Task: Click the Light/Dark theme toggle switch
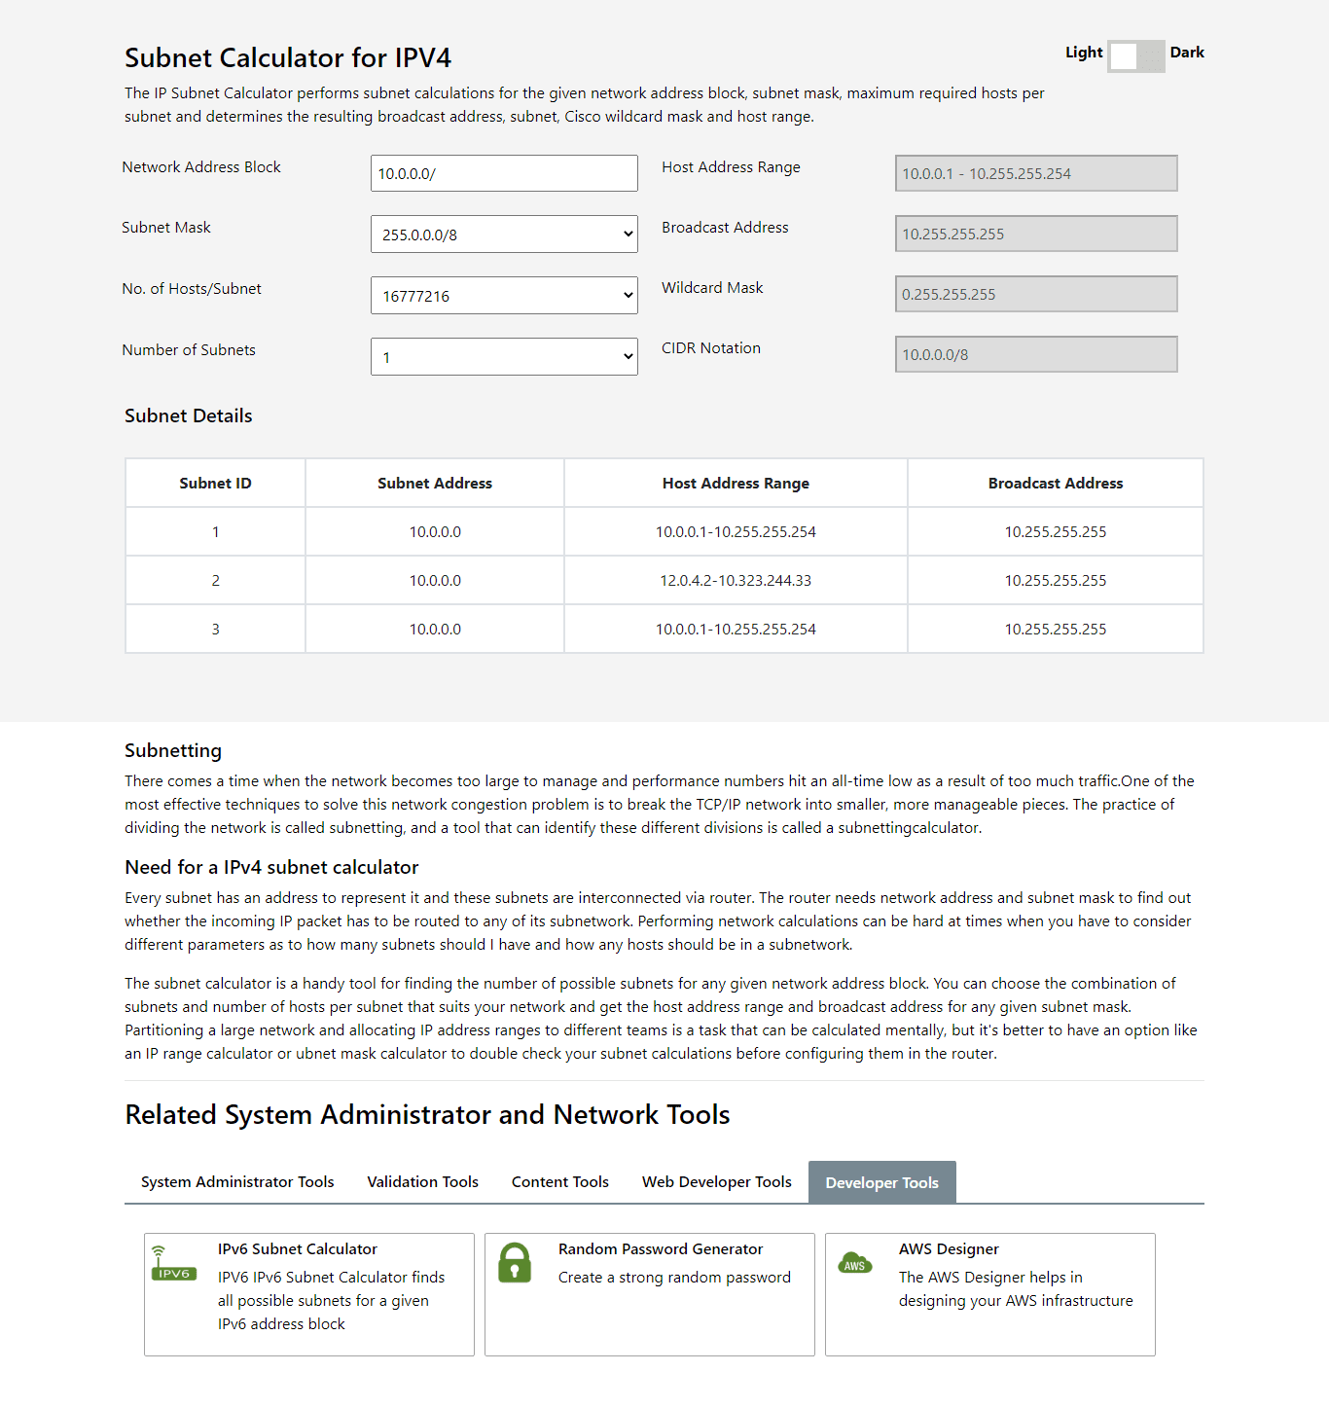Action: (x=1135, y=55)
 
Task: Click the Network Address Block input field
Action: (x=504, y=173)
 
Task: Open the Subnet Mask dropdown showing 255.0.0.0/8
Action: (x=504, y=235)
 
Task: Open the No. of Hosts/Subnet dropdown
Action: (x=504, y=296)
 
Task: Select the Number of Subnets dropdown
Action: (x=504, y=357)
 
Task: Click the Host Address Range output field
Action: (x=1036, y=173)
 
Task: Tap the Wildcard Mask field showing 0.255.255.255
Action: (x=1036, y=294)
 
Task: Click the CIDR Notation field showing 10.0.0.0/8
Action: (x=1036, y=354)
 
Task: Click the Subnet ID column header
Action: (x=215, y=484)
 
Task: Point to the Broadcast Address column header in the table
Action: (x=1056, y=484)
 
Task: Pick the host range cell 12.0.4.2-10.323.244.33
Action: (x=736, y=581)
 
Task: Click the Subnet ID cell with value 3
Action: (x=215, y=630)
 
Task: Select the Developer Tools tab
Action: (x=881, y=1183)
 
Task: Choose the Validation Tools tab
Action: (x=422, y=1182)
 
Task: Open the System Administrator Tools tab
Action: (x=237, y=1182)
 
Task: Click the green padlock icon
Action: (x=515, y=1263)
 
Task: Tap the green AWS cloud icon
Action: (x=855, y=1263)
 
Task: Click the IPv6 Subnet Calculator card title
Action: (x=297, y=1249)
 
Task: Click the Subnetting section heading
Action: (x=173, y=751)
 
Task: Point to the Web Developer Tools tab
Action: (x=716, y=1182)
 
